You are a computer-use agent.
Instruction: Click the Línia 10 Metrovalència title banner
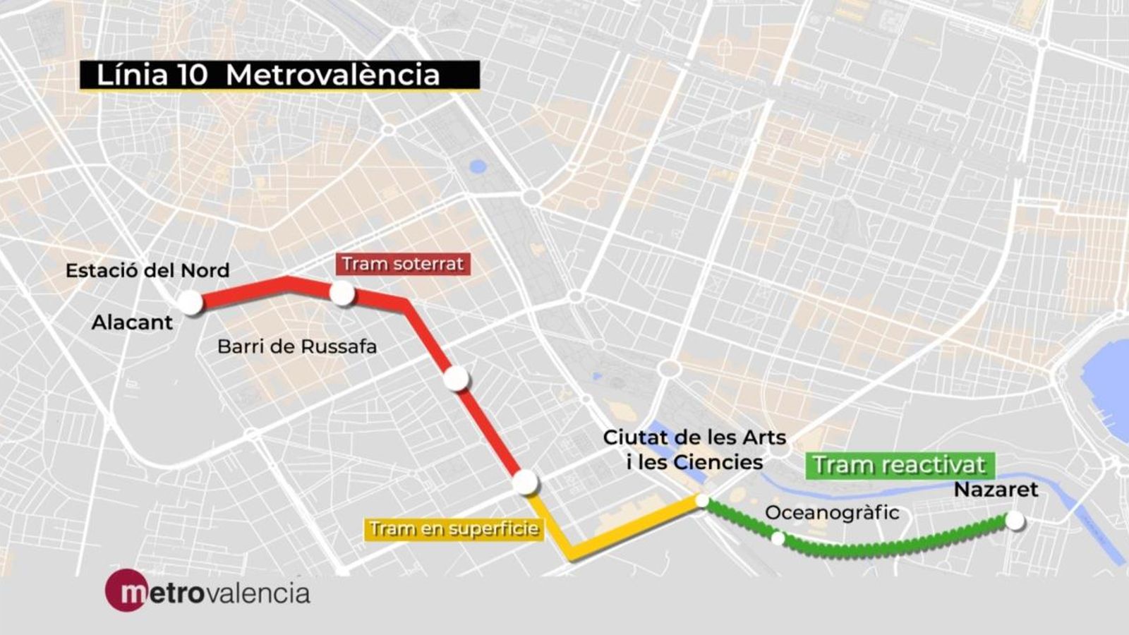(279, 75)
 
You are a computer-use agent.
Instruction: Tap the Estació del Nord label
(147, 270)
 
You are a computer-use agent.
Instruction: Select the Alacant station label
(132, 322)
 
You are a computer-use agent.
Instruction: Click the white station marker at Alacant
(190, 303)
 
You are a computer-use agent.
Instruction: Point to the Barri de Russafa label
(297, 346)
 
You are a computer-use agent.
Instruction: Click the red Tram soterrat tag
(403, 264)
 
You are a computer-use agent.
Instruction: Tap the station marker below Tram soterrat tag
(342, 293)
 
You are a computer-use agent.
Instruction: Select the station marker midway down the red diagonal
(457, 379)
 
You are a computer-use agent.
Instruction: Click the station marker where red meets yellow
(525, 483)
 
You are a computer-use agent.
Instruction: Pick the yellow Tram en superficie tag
(454, 529)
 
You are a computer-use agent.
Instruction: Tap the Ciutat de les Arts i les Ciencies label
(694, 449)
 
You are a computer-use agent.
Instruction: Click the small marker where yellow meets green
(702, 500)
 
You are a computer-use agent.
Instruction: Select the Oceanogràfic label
(832, 512)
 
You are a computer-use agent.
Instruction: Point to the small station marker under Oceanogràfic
(778, 538)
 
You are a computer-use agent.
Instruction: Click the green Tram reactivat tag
(900, 465)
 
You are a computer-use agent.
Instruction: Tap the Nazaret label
(996, 490)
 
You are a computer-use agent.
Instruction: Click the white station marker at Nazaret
(1015, 521)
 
